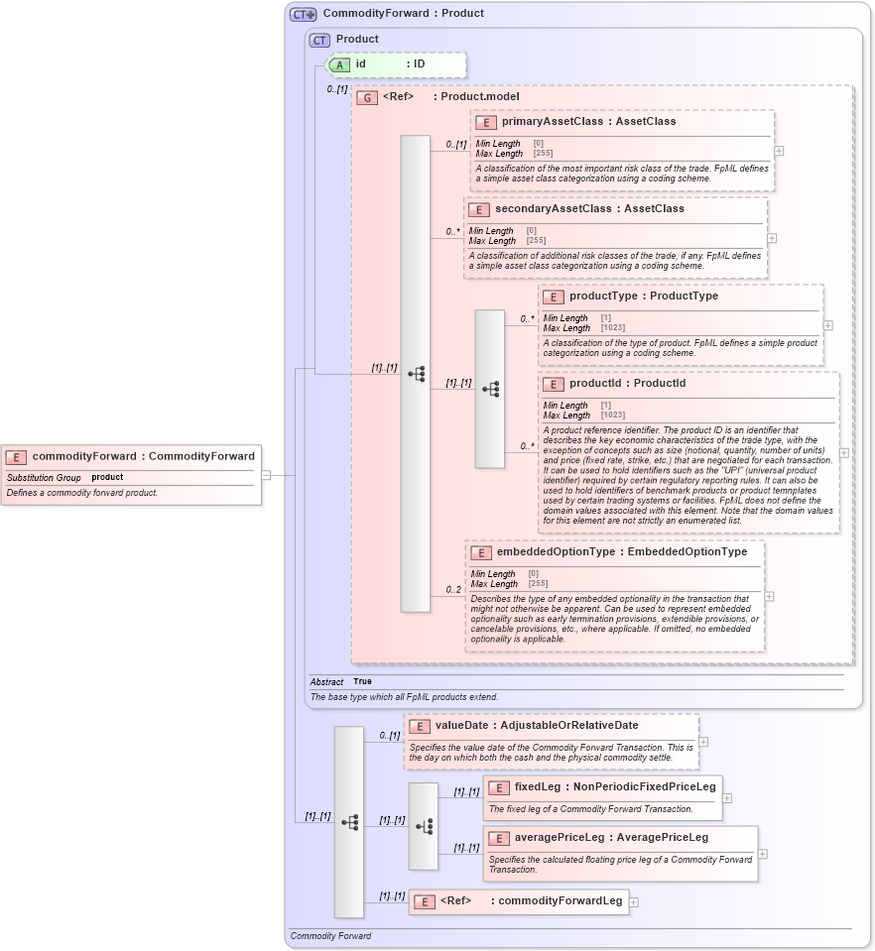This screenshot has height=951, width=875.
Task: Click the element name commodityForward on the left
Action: tap(85, 456)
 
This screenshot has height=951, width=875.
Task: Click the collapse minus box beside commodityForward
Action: tap(266, 475)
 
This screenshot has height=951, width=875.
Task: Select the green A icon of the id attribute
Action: tap(339, 64)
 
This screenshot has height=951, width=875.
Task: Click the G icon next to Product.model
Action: tap(367, 97)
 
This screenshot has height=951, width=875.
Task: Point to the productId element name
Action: tap(598, 384)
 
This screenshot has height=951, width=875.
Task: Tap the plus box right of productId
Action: tap(844, 452)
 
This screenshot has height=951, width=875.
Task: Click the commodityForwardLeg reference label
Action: tap(560, 901)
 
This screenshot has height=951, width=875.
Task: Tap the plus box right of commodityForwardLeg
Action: tap(634, 902)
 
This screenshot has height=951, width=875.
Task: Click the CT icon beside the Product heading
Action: tap(319, 40)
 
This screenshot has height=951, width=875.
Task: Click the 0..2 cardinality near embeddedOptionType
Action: tap(453, 590)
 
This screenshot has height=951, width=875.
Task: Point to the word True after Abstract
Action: tap(362, 682)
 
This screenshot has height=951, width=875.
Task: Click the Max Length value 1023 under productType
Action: tap(613, 328)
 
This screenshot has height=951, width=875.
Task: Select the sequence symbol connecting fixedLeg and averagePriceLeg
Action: tap(424, 826)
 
